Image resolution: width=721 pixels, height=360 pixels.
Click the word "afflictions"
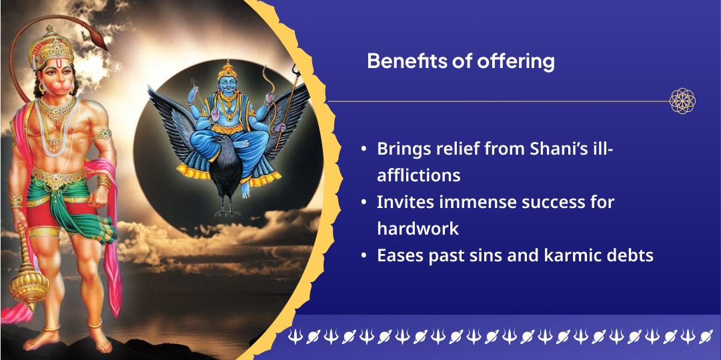pos(418,175)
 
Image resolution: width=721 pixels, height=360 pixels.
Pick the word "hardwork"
pos(418,228)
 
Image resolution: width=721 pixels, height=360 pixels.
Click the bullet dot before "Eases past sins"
pos(364,256)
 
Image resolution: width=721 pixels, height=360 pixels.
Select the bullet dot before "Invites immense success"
pos(364,203)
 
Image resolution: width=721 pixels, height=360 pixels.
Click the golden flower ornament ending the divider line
pos(682,101)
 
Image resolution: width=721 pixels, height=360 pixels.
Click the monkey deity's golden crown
pos(51,46)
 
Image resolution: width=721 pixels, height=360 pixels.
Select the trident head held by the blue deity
pos(296,71)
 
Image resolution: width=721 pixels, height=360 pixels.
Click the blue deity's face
pos(227,85)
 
